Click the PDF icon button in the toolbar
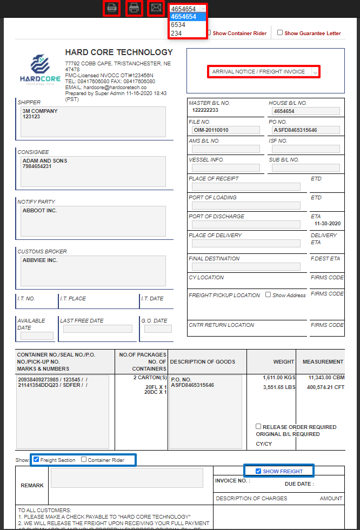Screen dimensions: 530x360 tap(112, 8)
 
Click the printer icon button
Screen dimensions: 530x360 tap(134, 8)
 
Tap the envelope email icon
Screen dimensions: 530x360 tap(156, 8)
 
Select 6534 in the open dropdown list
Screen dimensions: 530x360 tap(178, 25)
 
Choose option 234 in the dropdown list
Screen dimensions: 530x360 tap(176, 33)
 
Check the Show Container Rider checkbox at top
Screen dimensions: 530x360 tap(209, 32)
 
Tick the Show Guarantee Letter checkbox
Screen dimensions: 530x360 tap(280, 32)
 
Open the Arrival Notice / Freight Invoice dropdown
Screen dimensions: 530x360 tap(264, 71)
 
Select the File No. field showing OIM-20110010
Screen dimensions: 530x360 tap(225, 130)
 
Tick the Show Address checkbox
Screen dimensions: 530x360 tap(268, 295)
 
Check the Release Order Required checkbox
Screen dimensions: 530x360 tap(259, 426)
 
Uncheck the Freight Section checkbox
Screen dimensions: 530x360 tap(36, 460)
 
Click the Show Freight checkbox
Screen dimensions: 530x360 tap(258, 471)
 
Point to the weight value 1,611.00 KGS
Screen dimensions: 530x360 tap(278, 377)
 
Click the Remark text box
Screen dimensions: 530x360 tap(126, 478)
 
